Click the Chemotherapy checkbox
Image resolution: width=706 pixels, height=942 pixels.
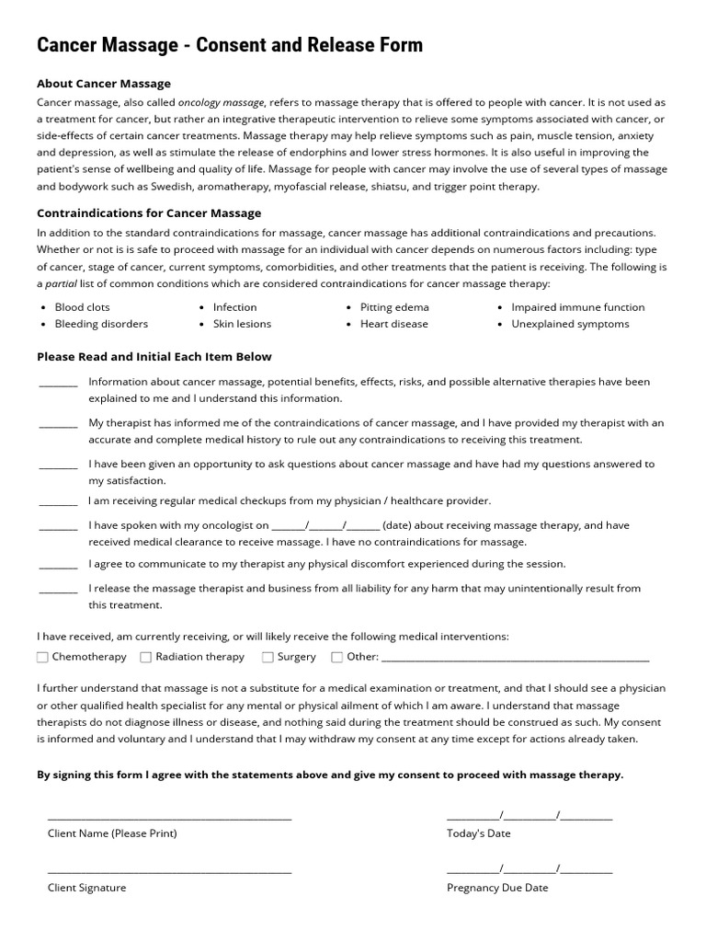[x=42, y=657]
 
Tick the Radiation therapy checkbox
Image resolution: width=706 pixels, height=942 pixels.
[x=146, y=657]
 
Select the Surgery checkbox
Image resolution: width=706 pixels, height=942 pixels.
[x=268, y=657]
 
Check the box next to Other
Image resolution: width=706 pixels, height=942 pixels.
[x=336, y=657]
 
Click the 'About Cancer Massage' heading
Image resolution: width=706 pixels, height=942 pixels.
[x=103, y=84]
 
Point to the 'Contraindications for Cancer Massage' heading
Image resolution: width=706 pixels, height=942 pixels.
[x=149, y=213]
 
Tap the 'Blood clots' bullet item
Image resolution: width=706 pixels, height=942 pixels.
[x=82, y=307]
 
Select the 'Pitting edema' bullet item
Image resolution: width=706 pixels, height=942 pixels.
[x=394, y=307]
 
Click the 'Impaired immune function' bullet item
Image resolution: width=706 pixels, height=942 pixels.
[x=577, y=307]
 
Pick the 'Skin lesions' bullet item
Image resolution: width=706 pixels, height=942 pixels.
[x=242, y=324]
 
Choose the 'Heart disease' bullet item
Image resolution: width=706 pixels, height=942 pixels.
[x=394, y=324]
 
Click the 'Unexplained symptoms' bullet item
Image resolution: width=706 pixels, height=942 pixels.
[x=570, y=324]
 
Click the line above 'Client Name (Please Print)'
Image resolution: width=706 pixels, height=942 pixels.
[x=169, y=816]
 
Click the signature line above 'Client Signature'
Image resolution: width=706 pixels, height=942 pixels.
[x=169, y=870]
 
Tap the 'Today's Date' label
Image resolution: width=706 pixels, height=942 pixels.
[x=478, y=833]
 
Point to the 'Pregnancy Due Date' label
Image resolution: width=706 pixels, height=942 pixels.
[x=497, y=888]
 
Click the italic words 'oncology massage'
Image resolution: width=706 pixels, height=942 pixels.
[x=221, y=103]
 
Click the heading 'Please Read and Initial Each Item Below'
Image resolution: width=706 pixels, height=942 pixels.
[x=154, y=356]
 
